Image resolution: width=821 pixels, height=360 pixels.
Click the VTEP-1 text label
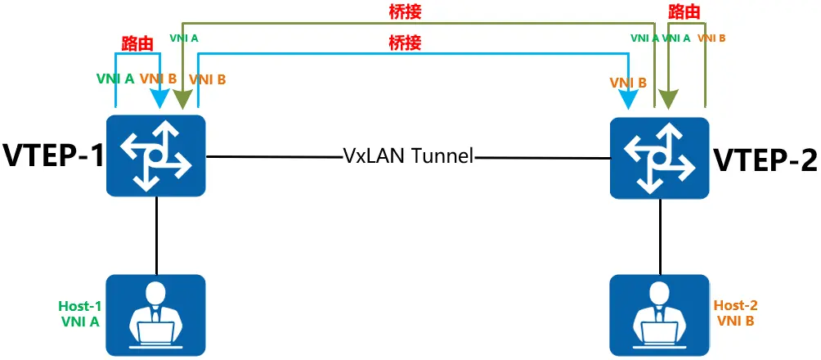pos(53,155)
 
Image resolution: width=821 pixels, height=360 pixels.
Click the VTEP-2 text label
pos(765,160)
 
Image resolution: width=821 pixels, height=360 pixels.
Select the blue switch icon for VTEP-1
pos(155,155)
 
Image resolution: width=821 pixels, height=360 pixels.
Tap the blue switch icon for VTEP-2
pos(659,157)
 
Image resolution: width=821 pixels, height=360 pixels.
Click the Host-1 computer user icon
pos(155,316)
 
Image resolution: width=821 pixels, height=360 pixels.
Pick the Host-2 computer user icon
pos(659,316)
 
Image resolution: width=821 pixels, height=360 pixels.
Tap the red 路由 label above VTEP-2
pos(684,11)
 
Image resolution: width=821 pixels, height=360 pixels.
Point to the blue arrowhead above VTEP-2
pos(629,101)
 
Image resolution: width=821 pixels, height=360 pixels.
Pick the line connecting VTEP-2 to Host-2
pos(659,237)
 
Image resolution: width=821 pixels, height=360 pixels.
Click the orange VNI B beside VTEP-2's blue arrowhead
pos(628,83)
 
